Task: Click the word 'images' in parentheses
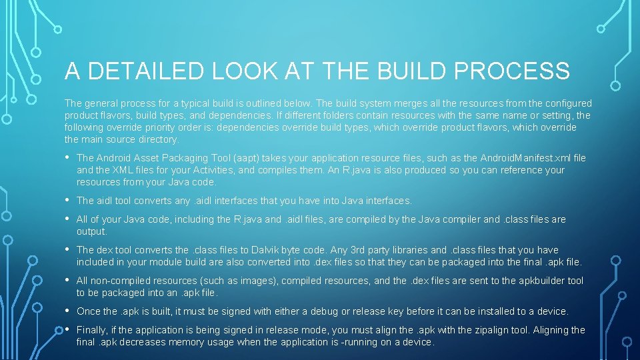point(213,281)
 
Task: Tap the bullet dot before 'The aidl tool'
point(69,200)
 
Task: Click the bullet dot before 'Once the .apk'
point(69,311)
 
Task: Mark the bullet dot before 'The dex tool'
point(69,249)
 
